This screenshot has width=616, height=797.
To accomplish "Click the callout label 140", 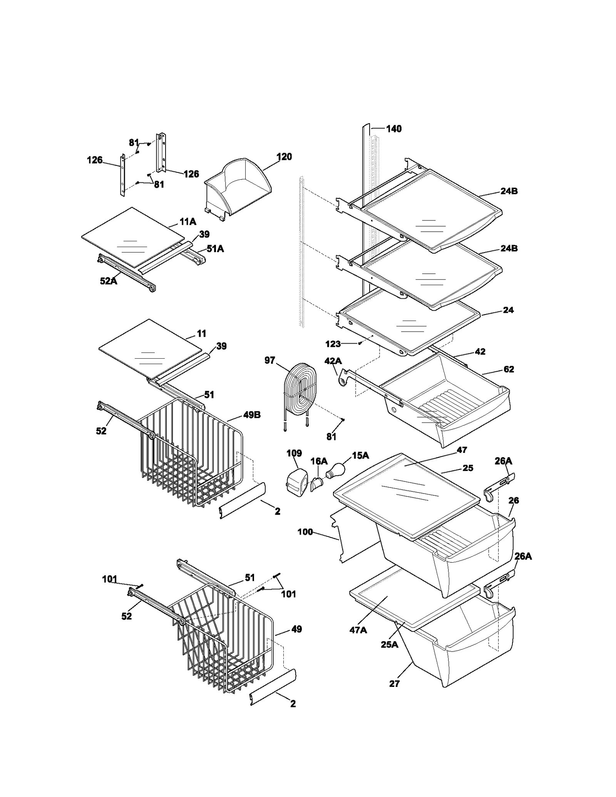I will point(393,129).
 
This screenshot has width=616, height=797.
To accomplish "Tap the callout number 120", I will point(284,157).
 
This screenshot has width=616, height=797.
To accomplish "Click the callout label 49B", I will point(252,415).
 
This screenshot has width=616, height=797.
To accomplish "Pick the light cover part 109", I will point(297,481).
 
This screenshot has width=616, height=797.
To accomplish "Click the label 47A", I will point(358,630).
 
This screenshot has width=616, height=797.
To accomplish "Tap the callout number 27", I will point(394,683).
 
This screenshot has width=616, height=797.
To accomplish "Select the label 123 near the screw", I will point(333,344).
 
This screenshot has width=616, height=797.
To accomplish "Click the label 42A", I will point(333,361).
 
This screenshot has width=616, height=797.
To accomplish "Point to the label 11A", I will point(188,222).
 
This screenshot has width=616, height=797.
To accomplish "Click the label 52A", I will point(108,281).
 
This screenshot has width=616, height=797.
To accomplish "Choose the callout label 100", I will point(305,532).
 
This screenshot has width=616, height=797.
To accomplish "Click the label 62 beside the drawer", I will point(509,369).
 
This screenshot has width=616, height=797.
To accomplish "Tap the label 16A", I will point(319,461).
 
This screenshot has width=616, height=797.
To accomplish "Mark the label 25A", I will point(389,644).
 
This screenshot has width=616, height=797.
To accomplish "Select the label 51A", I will point(215,249).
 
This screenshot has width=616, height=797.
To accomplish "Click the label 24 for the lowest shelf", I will point(508,310).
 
